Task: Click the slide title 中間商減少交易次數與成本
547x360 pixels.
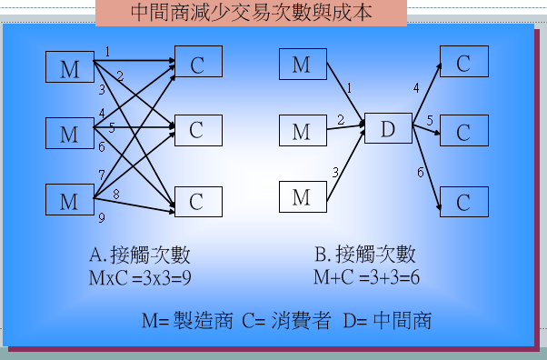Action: tap(250, 14)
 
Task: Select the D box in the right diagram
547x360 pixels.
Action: tap(388, 130)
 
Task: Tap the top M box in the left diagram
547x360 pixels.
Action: tap(70, 68)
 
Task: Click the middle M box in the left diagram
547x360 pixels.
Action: tap(70, 135)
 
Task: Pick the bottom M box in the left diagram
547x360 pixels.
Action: tap(70, 200)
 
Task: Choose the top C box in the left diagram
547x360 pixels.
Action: tap(197, 65)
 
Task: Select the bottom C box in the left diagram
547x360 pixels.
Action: tap(197, 202)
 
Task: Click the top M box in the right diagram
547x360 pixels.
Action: tap(302, 65)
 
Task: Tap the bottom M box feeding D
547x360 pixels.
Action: tap(302, 197)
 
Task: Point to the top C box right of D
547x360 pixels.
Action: tap(463, 64)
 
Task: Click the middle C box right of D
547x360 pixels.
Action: tap(463, 132)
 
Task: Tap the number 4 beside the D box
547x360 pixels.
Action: tap(416, 88)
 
